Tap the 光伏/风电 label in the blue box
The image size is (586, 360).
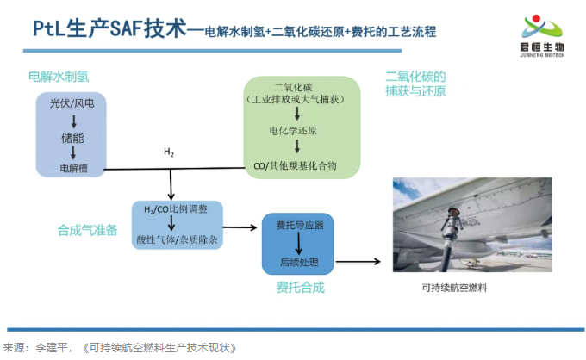(72, 104)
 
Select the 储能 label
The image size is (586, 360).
(72, 136)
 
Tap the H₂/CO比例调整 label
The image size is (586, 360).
(177, 210)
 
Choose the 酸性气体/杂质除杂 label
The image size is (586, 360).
(178, 239)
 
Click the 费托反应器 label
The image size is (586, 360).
(299, 226)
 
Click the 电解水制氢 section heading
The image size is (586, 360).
(58, 77)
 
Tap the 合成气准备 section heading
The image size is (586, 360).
(87, 230)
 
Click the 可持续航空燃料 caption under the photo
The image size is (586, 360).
(455, 288)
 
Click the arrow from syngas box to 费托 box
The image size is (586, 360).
(242, 227)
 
